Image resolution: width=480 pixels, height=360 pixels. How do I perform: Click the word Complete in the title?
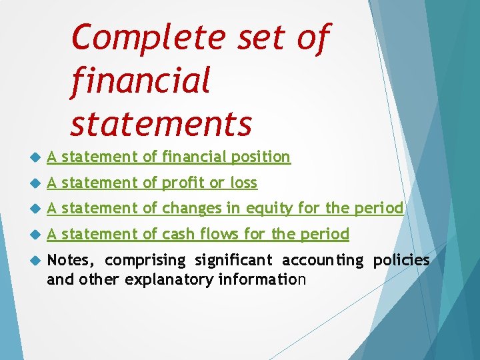coord(147,38)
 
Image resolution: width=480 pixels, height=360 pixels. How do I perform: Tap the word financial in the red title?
coord(139,81)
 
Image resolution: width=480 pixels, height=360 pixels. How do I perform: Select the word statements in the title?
coord(161,123)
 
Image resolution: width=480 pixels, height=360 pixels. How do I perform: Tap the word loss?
coord(243,182)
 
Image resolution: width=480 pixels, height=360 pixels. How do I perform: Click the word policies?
coord(401,259)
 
